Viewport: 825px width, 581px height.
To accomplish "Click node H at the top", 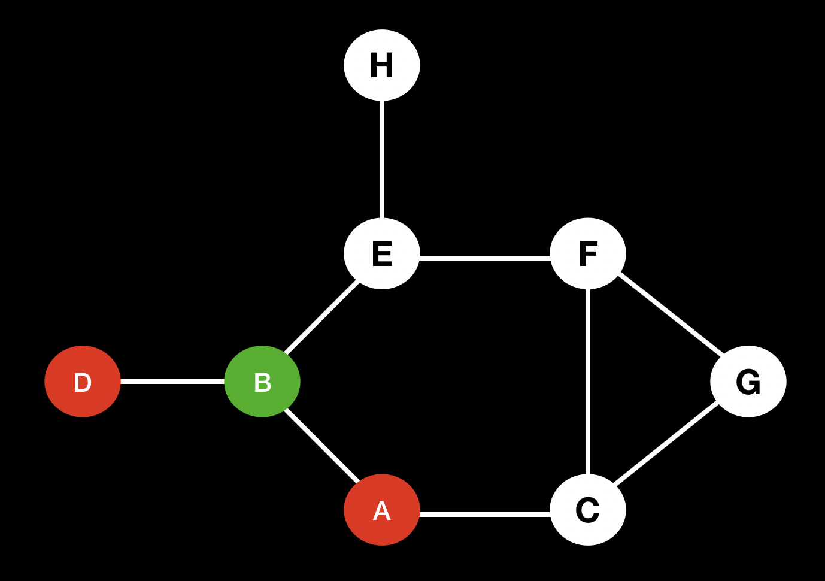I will coord(382,65).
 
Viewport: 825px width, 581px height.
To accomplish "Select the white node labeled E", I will coord(382,253).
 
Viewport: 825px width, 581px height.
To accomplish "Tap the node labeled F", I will coord(588,253).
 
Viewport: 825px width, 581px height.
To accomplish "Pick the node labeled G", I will coord(748,382).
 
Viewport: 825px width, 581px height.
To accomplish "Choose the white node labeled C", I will coord(588,510).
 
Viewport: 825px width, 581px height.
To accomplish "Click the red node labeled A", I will coord(382,510).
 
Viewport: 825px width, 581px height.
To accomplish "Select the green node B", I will coord(262,382).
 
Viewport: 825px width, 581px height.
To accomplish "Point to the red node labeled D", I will coord(83,382).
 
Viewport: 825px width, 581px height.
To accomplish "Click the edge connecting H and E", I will coord(382,159).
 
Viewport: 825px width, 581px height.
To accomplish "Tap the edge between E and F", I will coord(485,259).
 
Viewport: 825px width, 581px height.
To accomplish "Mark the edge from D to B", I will coord(172,382).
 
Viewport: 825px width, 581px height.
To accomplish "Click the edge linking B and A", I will coord(321,445).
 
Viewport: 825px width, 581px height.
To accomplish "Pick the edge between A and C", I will coord(485,514).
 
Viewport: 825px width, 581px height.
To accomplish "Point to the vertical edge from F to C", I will coord(588,382).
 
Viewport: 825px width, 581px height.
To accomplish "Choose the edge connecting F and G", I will coord(671,314).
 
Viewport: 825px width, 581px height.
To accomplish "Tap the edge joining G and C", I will coord(665,444).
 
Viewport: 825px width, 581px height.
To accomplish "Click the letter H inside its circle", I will coord(382,65).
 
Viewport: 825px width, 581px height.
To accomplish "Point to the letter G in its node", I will coord(748,382).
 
